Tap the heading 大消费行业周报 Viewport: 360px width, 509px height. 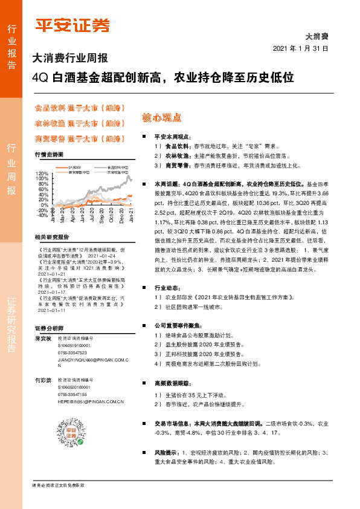69,59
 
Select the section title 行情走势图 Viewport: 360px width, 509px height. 49,155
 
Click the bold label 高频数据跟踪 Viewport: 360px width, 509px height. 173,383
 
